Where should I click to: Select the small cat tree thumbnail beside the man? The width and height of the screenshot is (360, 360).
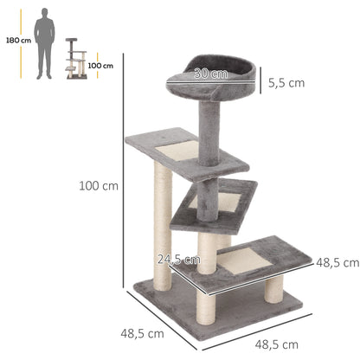[x=75, y=59]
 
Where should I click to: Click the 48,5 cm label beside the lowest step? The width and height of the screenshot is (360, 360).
[x=337, y=261]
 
